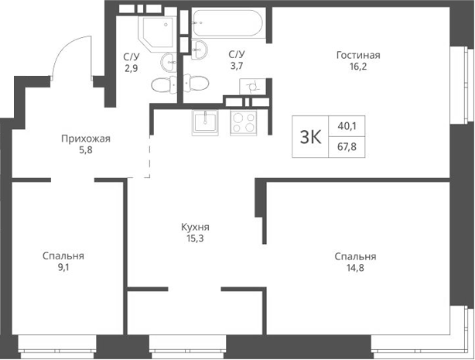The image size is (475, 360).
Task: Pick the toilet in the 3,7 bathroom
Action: (x=193, y=84)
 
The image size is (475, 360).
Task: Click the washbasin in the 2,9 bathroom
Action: (x=169, y=61)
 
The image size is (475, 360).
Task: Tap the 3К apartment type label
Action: (x=310, y=137)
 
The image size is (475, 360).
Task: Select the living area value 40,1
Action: (x=348, y=126)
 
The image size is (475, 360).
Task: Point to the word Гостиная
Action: (x=358, y=55)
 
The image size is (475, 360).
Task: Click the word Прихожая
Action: (x=87, y=139)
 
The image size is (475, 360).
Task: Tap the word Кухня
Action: (x=195, y=228)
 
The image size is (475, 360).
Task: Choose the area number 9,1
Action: (x=63, y=269)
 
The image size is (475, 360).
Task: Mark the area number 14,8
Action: (x=355, y=269)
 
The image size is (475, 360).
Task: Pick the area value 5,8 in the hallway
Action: (x=87, y=153)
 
